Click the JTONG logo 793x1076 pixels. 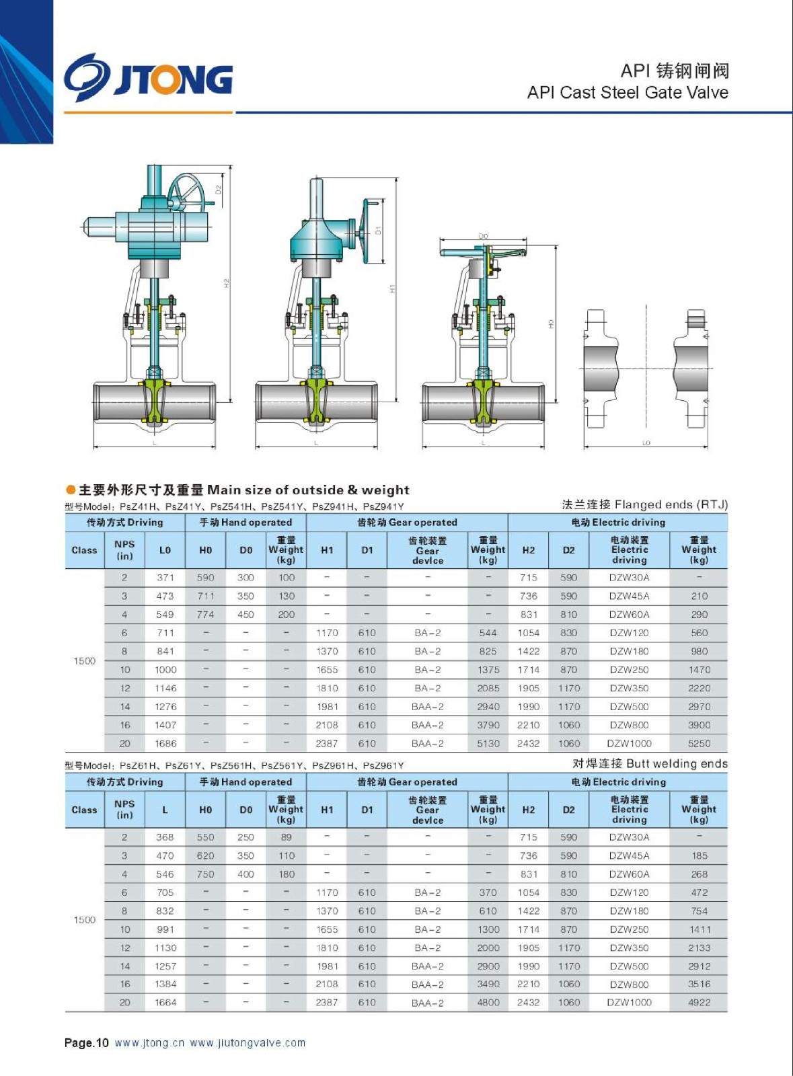(149, 78)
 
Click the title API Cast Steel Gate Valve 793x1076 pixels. (628, 92)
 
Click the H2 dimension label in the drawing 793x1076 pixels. (227, 283)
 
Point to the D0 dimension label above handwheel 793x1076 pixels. (483, 236)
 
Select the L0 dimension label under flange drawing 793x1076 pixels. (646, 443)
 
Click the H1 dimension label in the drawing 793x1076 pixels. (392, 289)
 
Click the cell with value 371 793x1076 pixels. (165, 578)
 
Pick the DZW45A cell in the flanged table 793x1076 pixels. (629, 596)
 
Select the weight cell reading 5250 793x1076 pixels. (699, 743)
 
